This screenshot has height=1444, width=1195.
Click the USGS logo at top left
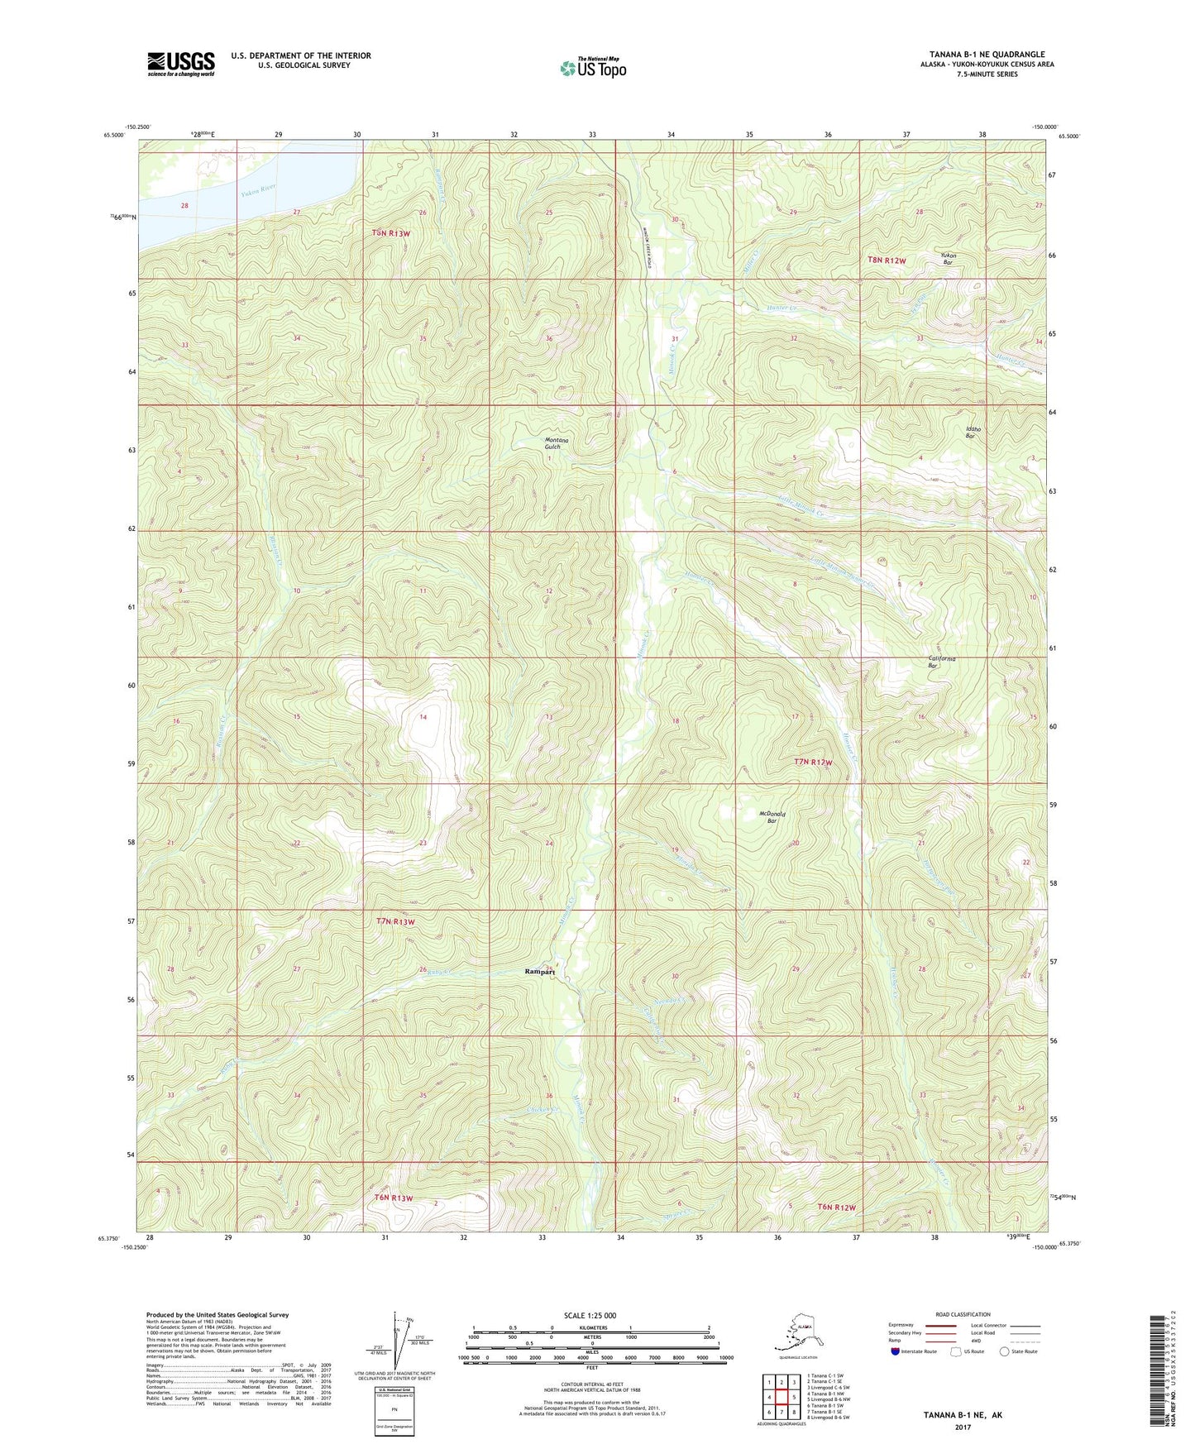pos(180,63)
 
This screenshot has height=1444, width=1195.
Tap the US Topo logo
pos(591,68)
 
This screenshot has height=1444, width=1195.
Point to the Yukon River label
pos(258,191)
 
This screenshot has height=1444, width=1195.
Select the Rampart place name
pos(540,973)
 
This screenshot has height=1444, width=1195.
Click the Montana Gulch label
pos(557,443)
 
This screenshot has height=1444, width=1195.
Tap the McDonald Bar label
pos(772,817)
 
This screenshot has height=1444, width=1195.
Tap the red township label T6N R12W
pos(837,1207)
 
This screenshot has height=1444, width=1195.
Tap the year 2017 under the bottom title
pos(962,1427)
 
